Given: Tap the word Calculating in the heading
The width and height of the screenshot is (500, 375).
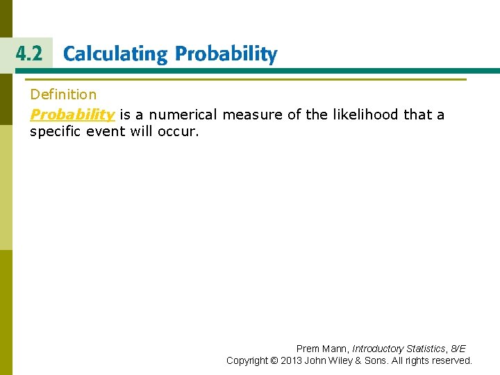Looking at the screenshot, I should coord(115,55).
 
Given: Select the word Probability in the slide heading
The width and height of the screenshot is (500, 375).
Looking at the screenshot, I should coord(226,55).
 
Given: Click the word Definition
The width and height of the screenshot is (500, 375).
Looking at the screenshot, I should coord(63,94).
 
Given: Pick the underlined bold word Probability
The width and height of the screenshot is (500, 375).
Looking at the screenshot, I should coord(72,115).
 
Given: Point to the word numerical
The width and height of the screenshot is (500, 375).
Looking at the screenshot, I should coord(180,115).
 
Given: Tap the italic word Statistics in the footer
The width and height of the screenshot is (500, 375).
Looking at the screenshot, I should coord(426,349).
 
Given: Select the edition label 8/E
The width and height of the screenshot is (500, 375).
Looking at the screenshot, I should coord(458,349).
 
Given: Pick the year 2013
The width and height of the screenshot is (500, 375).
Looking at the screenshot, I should coord(292,360).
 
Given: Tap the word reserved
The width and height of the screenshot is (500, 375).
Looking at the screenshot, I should coord(451,360).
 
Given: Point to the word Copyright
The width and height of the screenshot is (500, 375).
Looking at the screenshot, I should coord(247,360).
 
